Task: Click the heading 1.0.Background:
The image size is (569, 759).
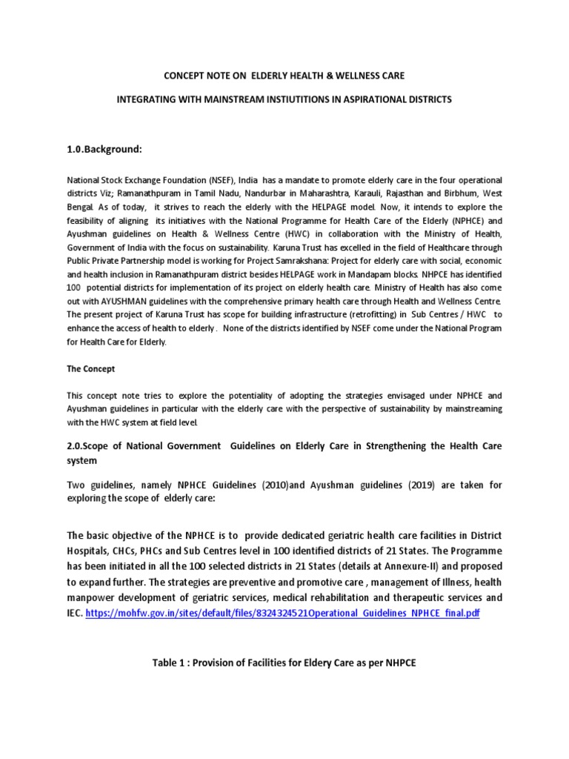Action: click(104, 149)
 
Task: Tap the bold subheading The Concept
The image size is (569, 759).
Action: click(91, 368)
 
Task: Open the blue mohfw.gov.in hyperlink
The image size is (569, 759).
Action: click(283, 615)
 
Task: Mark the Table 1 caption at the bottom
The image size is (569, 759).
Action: click(284, 663)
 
